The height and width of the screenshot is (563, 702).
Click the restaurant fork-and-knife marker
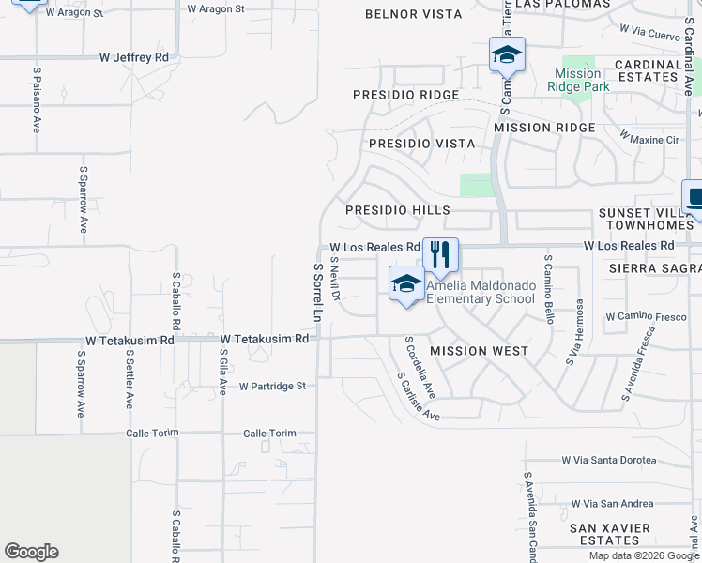coord(440,254)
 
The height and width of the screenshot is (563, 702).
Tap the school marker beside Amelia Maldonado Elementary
coord(406,283)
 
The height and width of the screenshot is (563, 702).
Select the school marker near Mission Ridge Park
coord(507,54)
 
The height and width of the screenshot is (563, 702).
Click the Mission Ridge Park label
coord(579,80)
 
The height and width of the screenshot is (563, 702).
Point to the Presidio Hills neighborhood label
coord(398,211)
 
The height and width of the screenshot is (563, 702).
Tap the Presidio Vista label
coord(421,144)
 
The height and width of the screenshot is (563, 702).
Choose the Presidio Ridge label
coord(405,95)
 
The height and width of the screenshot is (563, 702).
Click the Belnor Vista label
coord(413,14)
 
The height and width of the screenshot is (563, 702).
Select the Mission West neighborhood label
coord(479,351)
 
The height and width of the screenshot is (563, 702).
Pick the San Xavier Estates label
coord(609,534)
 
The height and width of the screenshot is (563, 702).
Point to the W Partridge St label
coord(272,386)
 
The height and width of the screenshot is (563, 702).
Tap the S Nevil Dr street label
coord(334,280)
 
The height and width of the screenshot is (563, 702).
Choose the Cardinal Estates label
coord(649,71)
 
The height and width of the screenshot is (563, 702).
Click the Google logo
coord(31,552)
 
